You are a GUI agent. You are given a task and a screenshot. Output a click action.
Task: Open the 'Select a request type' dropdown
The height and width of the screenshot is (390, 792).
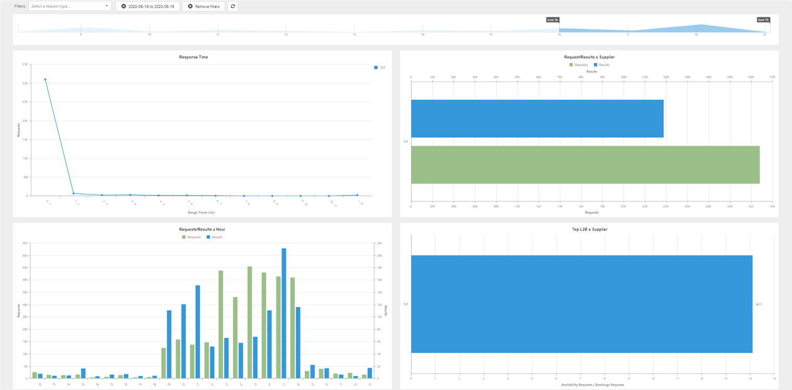click(70, 6)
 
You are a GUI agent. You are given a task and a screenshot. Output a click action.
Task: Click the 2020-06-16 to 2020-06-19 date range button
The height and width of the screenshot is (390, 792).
click(148, 6)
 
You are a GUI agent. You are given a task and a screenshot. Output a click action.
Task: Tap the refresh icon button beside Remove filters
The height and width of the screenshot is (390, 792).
click(233, 6)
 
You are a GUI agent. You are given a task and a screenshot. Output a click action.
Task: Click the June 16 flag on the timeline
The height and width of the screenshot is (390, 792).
click(552, 20)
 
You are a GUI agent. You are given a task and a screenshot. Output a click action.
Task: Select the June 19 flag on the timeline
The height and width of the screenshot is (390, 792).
click(763, 20)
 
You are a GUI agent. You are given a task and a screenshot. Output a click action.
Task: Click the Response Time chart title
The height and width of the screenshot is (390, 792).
click(193, 57)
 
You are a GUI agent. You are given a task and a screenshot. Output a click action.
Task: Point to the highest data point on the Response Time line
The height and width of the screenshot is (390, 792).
click(45, 79)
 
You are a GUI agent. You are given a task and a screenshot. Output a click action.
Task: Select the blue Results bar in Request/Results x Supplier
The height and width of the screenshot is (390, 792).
click(537, 118)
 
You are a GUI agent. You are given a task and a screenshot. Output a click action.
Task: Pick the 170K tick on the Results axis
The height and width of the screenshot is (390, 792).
click(772, 77)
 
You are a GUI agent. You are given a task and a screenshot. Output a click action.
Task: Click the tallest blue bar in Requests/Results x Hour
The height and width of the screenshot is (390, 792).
click(284, 313)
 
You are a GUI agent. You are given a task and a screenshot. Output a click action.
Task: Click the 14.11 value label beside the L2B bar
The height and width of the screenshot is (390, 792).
click(758, 304)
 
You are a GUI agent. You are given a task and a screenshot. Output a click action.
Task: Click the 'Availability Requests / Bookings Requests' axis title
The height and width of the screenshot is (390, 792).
click(592, 385)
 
